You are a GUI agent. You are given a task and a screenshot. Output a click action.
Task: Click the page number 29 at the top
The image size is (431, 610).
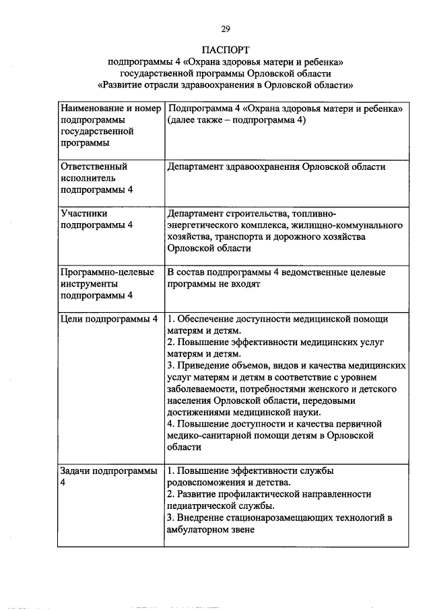pos(225,28)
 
